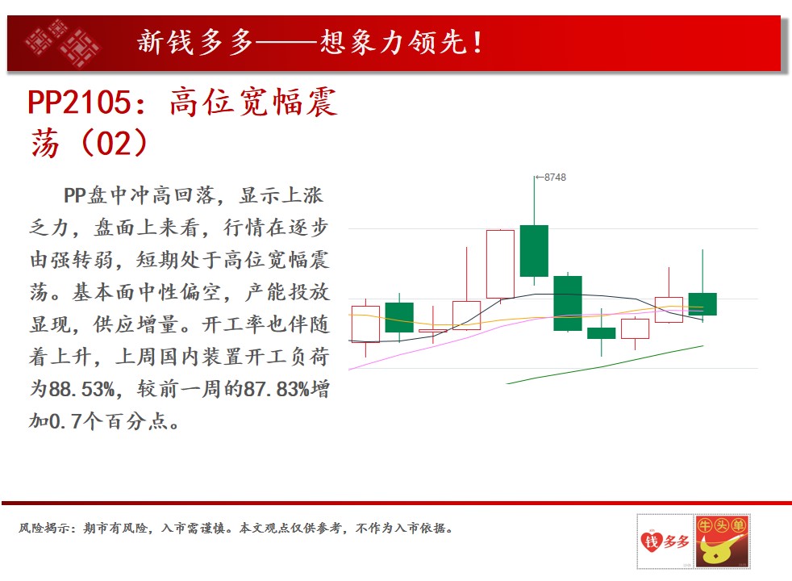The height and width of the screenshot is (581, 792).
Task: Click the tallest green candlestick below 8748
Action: tap(534, 251)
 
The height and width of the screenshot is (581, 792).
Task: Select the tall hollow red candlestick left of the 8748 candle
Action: tap(500, 264)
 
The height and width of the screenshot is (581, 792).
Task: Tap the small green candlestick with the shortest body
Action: tap(601, 333)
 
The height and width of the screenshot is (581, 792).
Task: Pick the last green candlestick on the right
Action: tap(702, 303)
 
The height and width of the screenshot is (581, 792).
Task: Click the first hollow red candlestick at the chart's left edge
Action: tap(365, 324)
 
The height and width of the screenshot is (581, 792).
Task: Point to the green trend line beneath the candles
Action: tap(605, 365)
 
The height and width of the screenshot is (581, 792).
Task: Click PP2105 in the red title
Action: tap(80, 102)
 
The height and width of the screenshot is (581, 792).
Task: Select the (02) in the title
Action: tap(114, 143)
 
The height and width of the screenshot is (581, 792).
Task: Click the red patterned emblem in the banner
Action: tap(63, 43)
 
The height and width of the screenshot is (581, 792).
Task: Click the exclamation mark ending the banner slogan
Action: tap(477, 43)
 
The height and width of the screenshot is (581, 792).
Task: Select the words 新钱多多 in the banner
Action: tap(195, 42)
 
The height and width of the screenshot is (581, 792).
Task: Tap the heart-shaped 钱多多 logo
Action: tap(665, 541)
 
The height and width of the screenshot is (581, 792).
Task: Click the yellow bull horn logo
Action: tap(722, 541)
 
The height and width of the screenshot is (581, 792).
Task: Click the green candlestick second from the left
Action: tap(399, 317)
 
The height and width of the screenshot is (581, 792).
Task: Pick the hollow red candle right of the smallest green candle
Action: tap(635, 329)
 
